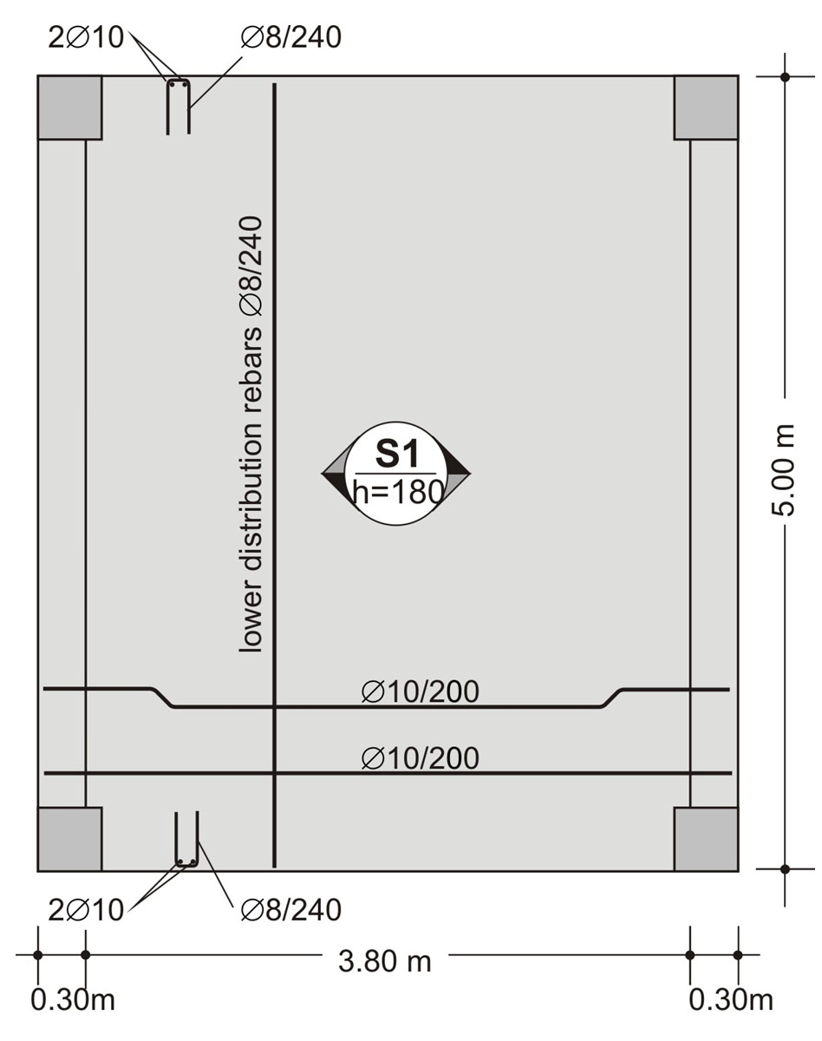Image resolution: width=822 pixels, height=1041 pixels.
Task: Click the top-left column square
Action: (69, 108)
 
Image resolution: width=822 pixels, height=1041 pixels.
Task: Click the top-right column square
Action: (706, 108)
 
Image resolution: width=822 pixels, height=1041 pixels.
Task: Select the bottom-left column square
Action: (69, 839)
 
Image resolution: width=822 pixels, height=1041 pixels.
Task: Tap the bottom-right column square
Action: (706, 839)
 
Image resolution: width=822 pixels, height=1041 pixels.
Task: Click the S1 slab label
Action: (396, 455)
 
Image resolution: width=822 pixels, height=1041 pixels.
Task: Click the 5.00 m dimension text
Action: (782, 470)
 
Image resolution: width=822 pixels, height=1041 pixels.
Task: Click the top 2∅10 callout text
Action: (86, 37)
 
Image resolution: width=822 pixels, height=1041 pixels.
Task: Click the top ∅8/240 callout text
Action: (291, 37)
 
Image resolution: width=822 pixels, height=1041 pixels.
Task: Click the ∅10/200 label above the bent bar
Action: (421, 691)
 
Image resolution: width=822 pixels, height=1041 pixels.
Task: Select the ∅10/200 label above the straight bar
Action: (421, 758)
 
